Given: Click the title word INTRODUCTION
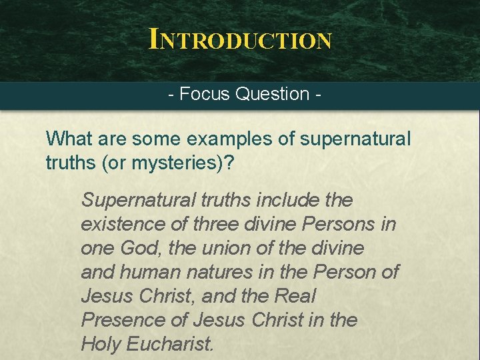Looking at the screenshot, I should click(x=240, y=39).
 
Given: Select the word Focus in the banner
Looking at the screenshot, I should click(x=205, y=94).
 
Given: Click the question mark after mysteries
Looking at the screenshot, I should click(x=229, y=163).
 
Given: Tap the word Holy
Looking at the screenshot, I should click(x=101, y=344).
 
